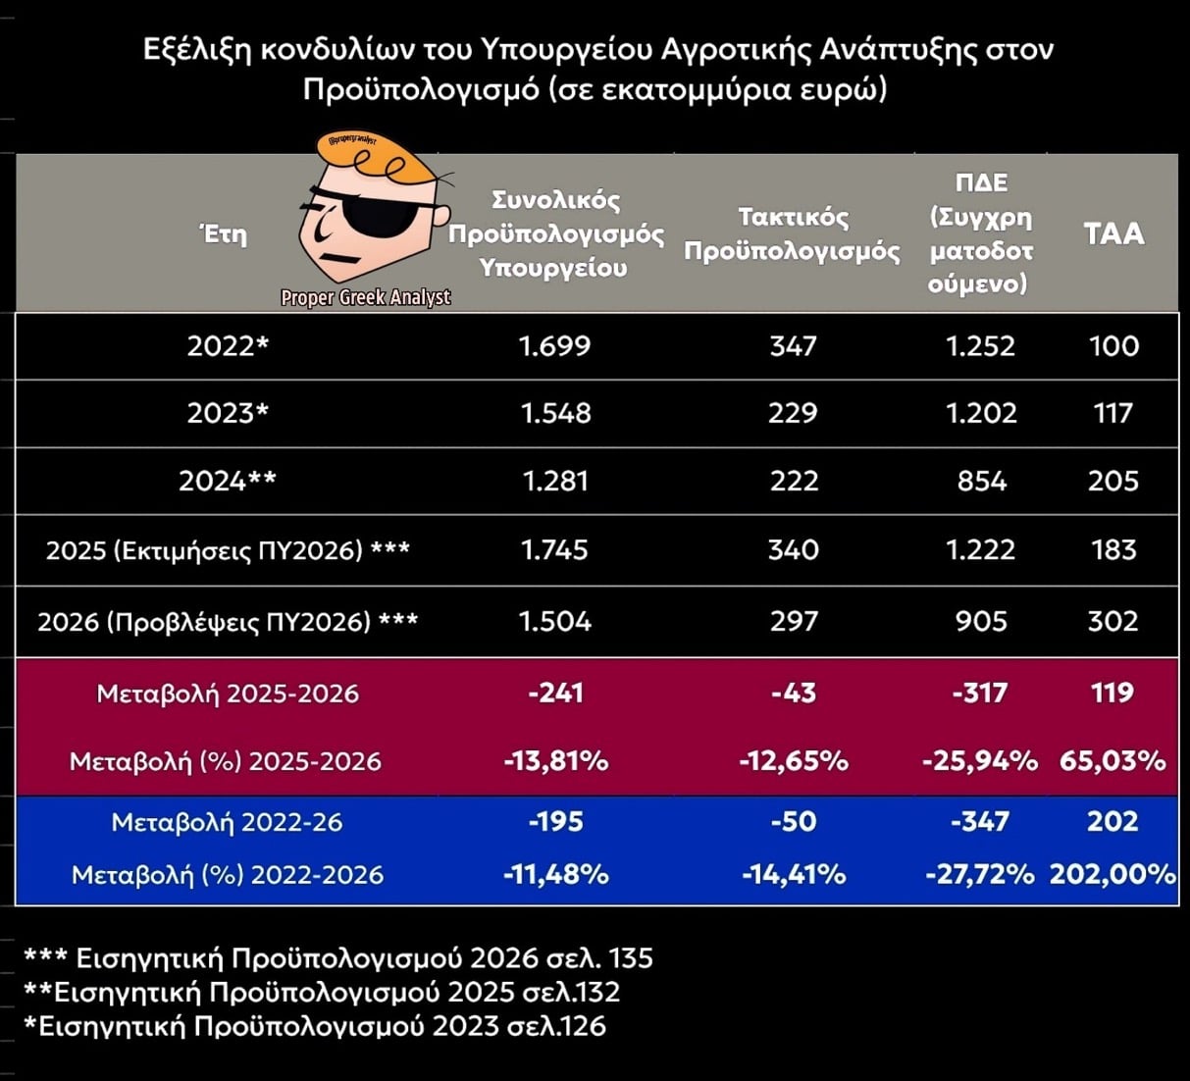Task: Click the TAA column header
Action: pos(1113,233)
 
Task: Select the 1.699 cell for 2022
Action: pos(555,346)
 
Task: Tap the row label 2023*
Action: pos(228,413)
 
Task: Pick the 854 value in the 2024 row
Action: pos(981,481)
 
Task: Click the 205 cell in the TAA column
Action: pos(1113,481)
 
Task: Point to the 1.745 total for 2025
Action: pos(555,549)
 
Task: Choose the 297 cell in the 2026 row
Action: pos(793,621)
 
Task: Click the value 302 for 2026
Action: pos(1113,621)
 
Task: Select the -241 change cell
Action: pos(555,693)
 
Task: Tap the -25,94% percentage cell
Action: pos(980,760)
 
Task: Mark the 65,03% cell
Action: pos(1113,760)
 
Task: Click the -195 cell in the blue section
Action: pos(555,821)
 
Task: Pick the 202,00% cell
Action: pos(1113,873)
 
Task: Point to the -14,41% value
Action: pos(793,873)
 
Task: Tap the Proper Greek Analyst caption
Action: pos(365,297)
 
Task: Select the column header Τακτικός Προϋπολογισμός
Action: pos(792,233)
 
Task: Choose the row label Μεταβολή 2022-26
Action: pos(228,822)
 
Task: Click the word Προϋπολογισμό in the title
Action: pos(421,89)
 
